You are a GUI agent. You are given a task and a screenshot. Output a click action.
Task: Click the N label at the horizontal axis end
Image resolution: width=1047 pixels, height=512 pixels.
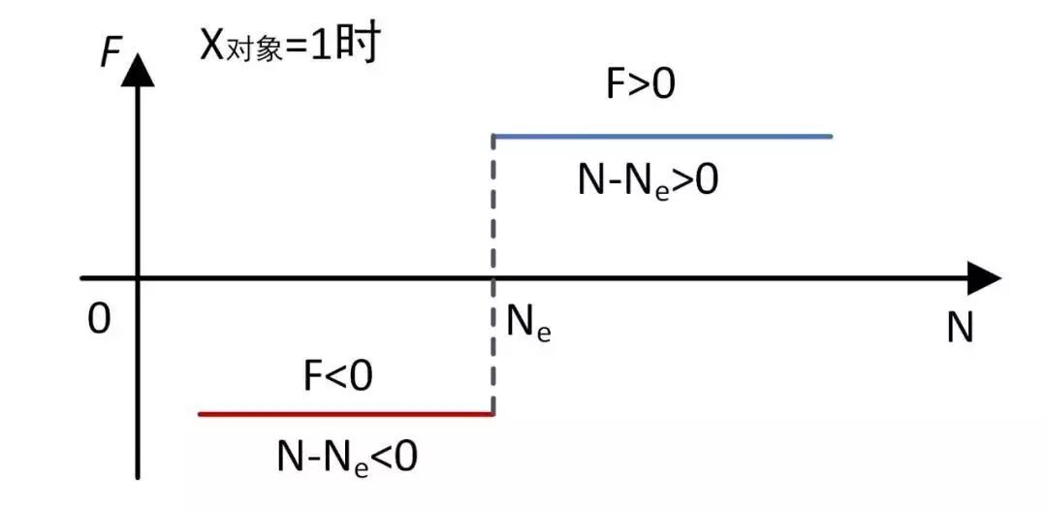pyautogui.click(x=959, y=330)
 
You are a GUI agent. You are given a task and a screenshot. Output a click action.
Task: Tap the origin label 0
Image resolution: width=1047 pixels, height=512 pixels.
pyautogui.click(x=99, y=319)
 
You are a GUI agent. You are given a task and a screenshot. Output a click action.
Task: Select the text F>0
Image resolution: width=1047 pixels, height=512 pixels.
pyautogui.click(x=640, y=85)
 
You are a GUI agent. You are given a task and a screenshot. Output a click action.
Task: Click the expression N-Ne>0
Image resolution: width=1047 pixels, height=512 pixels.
pyautogui.click(x=648, y=181)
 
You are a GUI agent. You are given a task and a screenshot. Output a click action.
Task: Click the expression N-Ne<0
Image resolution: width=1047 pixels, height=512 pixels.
pyautogui.click(x=347, y=456)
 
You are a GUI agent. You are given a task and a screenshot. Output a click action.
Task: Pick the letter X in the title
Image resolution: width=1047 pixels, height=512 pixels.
pyautogui.click(x=212, y=44)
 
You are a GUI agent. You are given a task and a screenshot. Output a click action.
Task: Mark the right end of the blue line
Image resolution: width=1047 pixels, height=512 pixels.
pyautogui.click(x=831, y=136)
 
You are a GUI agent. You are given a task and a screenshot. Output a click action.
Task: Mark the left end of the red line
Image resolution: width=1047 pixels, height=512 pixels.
pyautogui.click(x=200, y=414)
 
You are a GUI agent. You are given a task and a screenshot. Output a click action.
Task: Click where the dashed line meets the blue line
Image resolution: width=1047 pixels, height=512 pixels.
pyautogui.click(x=494, y=137)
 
